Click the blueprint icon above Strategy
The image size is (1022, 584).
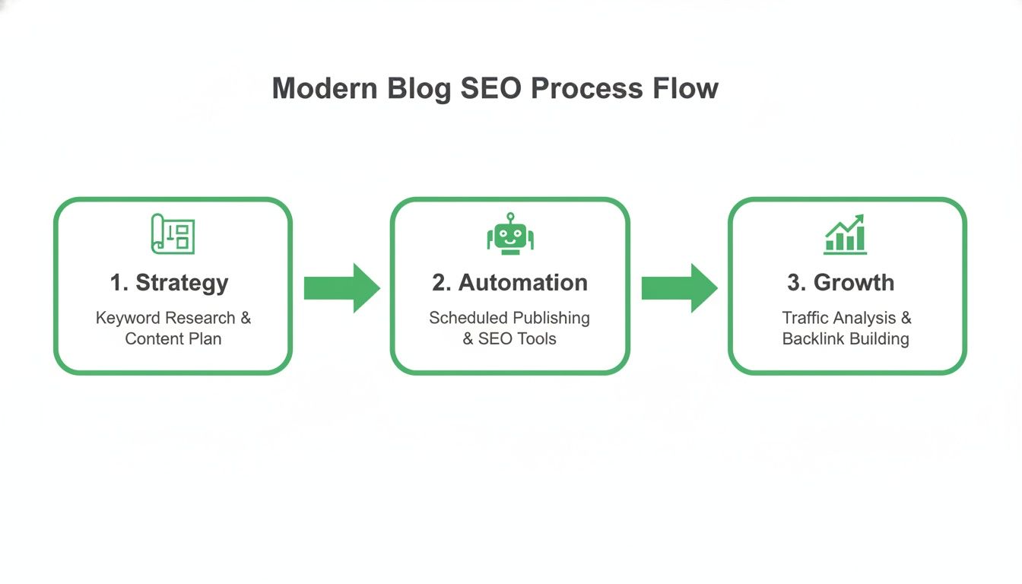[x=173, y=233]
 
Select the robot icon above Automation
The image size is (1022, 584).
[x=510, y=235]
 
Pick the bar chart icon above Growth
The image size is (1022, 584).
[x=846, y=234]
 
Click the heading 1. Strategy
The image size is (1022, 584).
[x=169, y=283]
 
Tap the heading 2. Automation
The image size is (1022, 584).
[x=509, y=283]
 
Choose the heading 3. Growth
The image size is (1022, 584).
[x=840, y=283]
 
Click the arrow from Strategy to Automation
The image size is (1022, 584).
[x=341, y=288]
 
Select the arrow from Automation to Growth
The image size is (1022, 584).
[x=679, y=288]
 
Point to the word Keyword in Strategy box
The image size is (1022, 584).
[x=128, y=318]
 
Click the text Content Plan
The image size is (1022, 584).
[x=173, y=339]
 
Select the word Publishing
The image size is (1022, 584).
[x=551, y=318]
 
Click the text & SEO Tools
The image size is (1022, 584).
[x=509, y=339]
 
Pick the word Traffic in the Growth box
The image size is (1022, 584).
[x=808, y=318]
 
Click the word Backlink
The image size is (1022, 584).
[x=813, y=339]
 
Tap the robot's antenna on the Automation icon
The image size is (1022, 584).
[x=510, y=217]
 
